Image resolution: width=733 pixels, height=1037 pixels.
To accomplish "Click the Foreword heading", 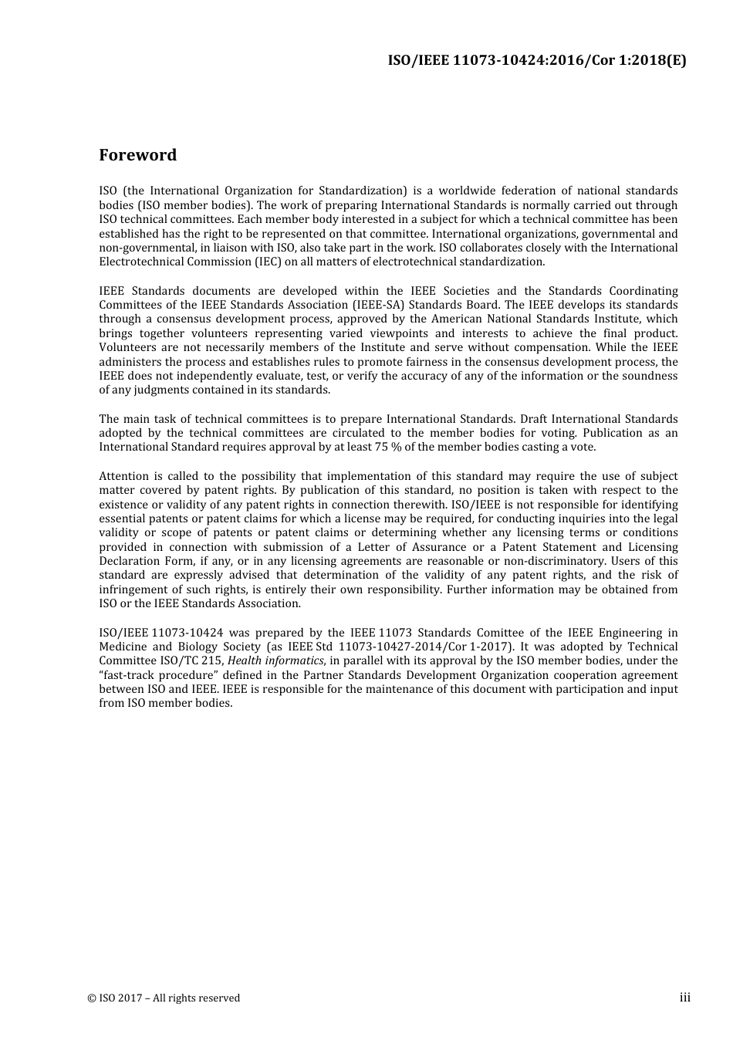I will click(x=137, y=155).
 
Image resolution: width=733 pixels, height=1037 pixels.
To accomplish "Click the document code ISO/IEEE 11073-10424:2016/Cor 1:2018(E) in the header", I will click(x=536, y=61).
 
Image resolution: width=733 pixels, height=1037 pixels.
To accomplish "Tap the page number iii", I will click(x=684, y=998).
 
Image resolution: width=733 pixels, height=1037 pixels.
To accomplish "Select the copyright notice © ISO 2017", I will click(x=164, y=998).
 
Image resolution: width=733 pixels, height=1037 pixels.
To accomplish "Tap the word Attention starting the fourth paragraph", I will click(x=124, y=476).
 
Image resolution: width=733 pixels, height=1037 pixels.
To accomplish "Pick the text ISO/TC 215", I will click(x=180, y=660).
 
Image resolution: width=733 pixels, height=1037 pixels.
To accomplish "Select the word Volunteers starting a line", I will click(x=127, y=347).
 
